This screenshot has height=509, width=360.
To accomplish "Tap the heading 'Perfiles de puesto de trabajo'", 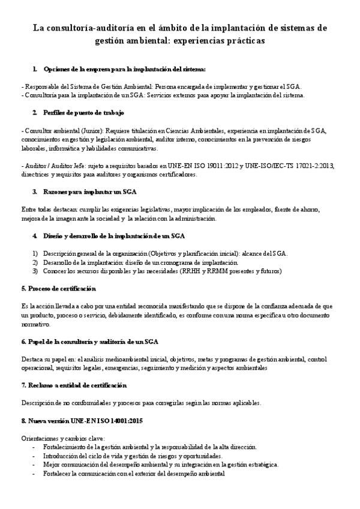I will coord(83,112).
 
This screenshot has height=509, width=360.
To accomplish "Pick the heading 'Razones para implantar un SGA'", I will coord(89,192).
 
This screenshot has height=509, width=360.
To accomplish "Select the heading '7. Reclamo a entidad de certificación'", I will coord(74,385).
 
